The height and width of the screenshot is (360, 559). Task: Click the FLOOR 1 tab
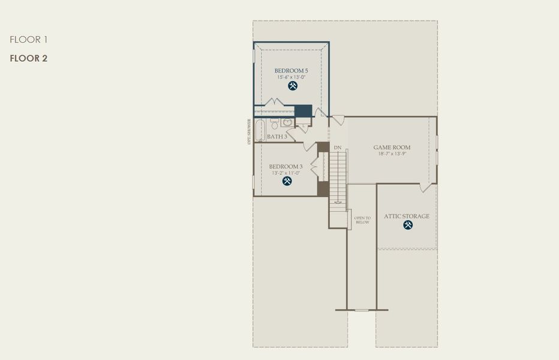click(28, 40)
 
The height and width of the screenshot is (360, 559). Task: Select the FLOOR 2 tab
click(28, 58)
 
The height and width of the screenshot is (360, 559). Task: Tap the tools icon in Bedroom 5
click(293, 86)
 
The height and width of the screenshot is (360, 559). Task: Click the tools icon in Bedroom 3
click(287, 181)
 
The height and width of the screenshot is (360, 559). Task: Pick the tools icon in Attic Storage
click(408, 225)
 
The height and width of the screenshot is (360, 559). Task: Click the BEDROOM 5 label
click(291, 71)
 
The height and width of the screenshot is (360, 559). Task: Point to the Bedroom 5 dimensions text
click(291, 77)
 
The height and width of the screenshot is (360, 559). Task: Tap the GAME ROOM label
click(392, 147)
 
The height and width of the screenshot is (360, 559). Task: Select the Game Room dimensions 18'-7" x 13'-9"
click(392, 154)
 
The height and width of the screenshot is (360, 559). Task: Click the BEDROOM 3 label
click(285, 166)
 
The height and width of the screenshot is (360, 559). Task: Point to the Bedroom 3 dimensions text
click(285, 173)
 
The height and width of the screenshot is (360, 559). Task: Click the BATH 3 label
click(277, 137)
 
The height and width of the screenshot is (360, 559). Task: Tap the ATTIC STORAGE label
click(407, 216)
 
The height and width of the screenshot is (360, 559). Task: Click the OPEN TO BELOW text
click(362, 220)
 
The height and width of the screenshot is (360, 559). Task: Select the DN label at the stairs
click(338, 148)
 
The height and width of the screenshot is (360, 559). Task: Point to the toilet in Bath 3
click(274, 124)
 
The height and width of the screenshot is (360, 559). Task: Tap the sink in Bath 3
click(288, 123)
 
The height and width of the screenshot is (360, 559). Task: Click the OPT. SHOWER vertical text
click(250, 131)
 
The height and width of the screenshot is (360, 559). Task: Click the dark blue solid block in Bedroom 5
click(303, 111)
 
